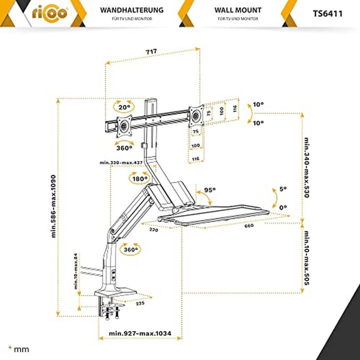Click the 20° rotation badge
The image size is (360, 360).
point(124,107)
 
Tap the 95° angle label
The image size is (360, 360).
point(210,190)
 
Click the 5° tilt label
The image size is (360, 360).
point(283,189)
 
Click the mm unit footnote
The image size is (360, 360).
point(19,348)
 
